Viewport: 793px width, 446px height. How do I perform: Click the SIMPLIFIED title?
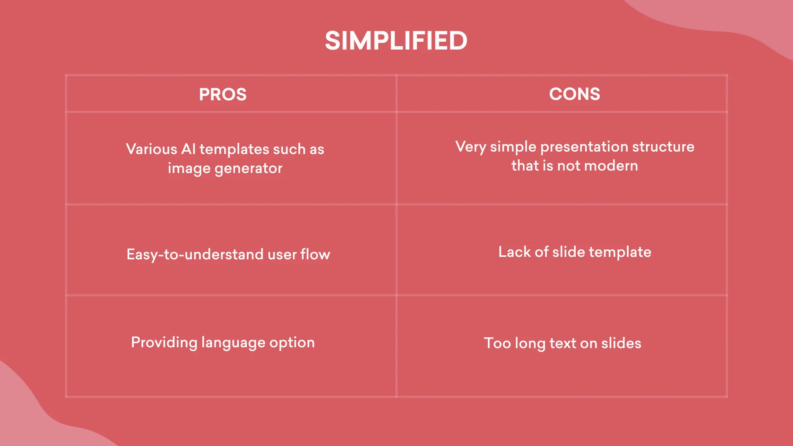coord(396,41)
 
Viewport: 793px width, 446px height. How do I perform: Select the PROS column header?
coord(223,95)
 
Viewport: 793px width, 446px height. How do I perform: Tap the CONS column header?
coord(575,94)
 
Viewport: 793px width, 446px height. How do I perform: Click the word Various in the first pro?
coord(152,149)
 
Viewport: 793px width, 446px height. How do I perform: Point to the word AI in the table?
coord(188,149)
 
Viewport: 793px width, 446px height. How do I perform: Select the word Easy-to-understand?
coord(195,254)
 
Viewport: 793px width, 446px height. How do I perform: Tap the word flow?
coord(315,254)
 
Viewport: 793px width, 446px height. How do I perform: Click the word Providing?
coord(164,343)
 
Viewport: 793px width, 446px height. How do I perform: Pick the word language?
coord(233,343)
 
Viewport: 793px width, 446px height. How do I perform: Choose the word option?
coord(292,343)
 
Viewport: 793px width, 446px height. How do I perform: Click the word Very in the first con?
coord(471,147)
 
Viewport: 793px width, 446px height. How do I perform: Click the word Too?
coord(497,343)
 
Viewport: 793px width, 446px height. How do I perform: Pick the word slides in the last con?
coord(621,343)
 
